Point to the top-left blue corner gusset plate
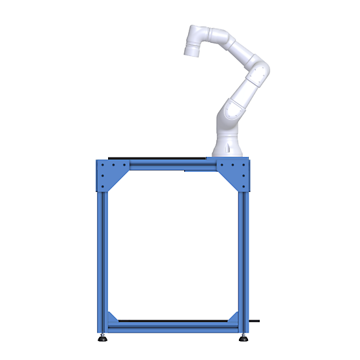click(111, 174)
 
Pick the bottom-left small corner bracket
click(113, 318)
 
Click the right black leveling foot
click(243, 339)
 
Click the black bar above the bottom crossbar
click(173, 320)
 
